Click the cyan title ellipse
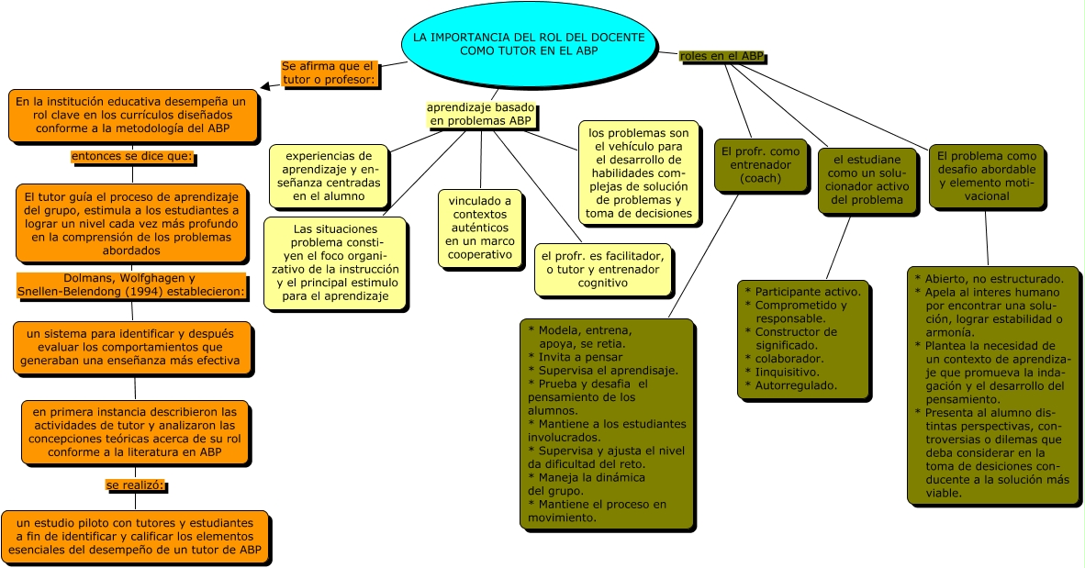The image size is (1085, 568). pos(529,44)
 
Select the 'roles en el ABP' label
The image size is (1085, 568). pos(721,56)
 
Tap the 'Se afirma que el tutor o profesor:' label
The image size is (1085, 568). pos(328,72)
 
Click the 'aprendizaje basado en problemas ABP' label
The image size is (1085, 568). pos(481,114)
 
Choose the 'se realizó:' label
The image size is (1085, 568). pos(135,484)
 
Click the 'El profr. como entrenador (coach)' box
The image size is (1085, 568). pos(760,165)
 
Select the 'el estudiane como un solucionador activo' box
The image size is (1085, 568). pos(867,180)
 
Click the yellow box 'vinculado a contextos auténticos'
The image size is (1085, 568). pos(479,228)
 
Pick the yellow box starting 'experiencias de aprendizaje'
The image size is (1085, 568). pos(330,175)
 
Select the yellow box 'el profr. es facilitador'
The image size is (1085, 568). pos(602,270)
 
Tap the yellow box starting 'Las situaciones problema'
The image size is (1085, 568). pos(335,262)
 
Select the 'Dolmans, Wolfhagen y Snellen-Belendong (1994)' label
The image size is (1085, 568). pos(132,284)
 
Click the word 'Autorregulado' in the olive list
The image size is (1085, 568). pos(796,385)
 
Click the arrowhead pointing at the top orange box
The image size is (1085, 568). pos(265,87)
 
